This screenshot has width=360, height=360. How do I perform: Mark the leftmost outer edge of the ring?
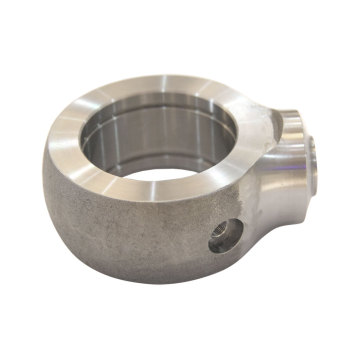coord(43,180)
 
